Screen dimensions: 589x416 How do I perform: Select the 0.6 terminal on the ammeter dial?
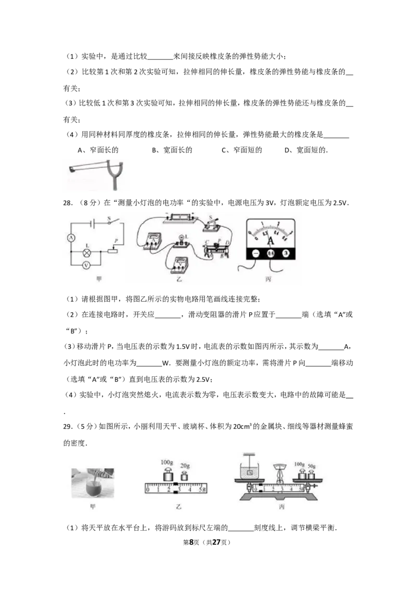click(x=270, y=253)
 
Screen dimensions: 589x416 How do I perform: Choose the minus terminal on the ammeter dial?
click(x=255, y=253)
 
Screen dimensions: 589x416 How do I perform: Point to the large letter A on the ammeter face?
click(x=270, y=241)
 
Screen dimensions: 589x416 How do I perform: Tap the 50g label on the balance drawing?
click(x=311, y=464)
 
